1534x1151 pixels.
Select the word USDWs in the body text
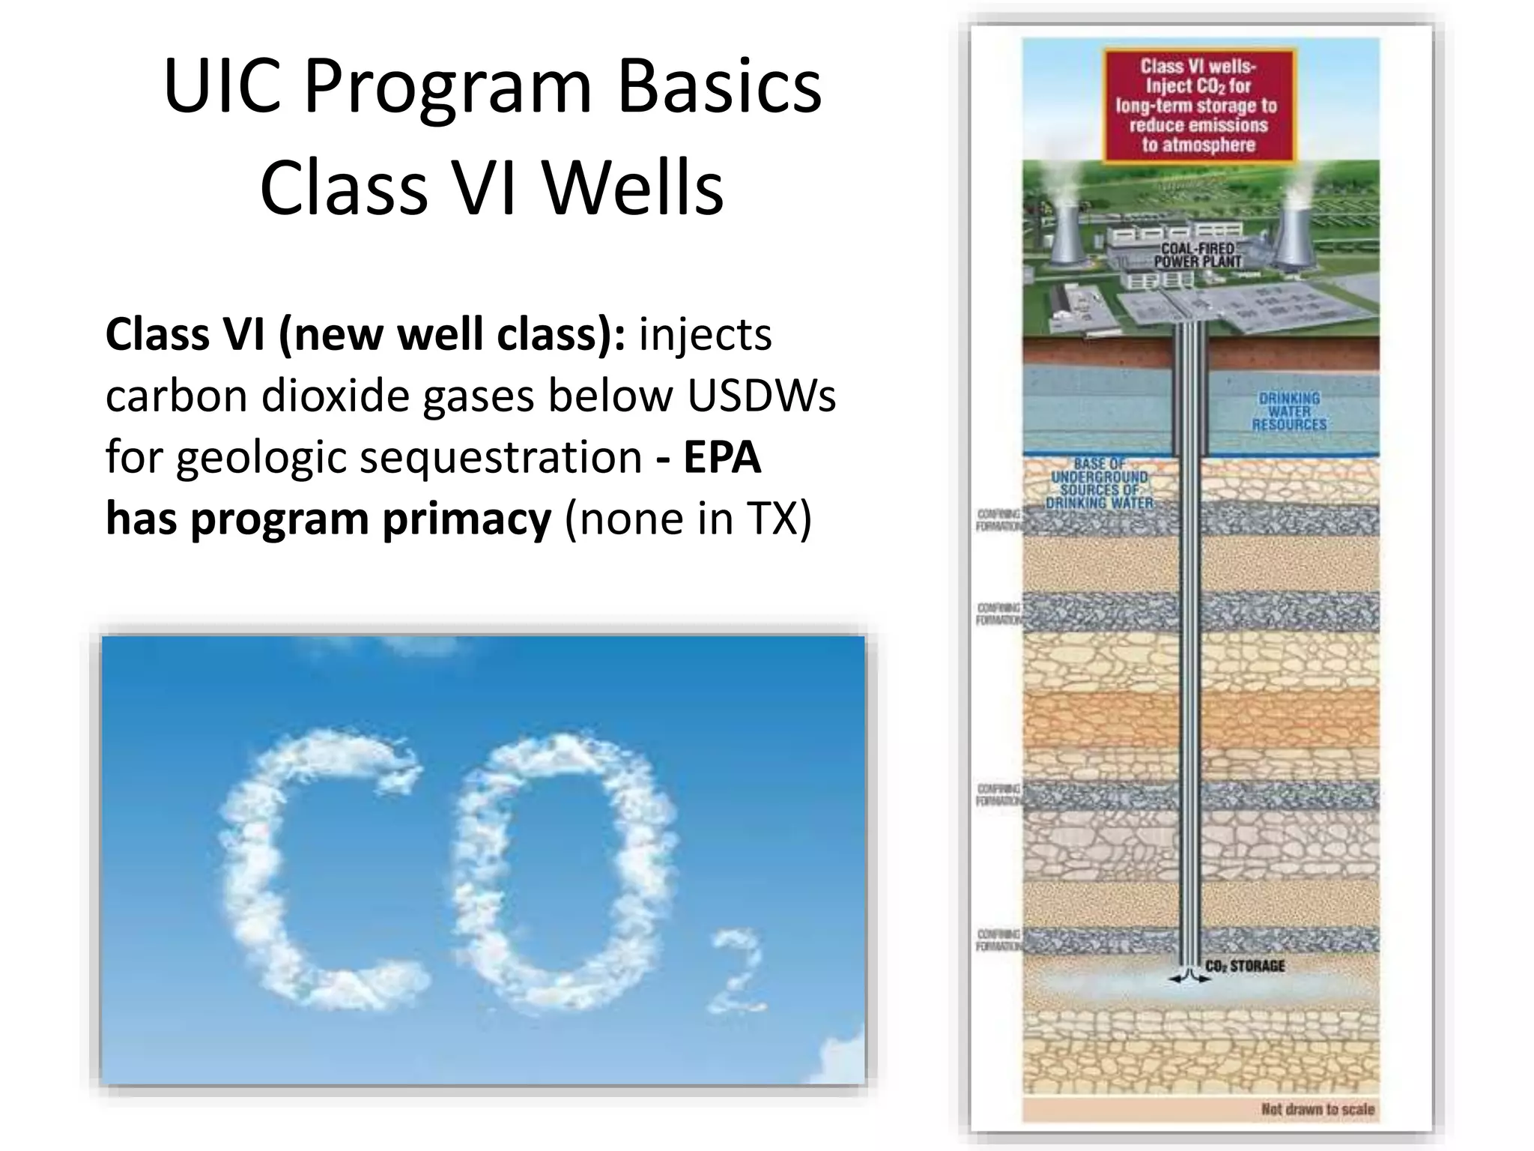tap(761, 396)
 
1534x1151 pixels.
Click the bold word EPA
tap(722, 457)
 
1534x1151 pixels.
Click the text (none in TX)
tap(688, 519)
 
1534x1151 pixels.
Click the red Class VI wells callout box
tap(1198, 106)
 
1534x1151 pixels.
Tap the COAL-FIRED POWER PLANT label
tap(1198, 255)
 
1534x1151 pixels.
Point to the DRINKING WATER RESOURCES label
tap(1289, 411)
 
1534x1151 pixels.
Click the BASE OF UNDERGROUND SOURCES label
tap(1099, 483)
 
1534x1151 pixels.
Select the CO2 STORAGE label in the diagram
tap(1245, 966)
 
